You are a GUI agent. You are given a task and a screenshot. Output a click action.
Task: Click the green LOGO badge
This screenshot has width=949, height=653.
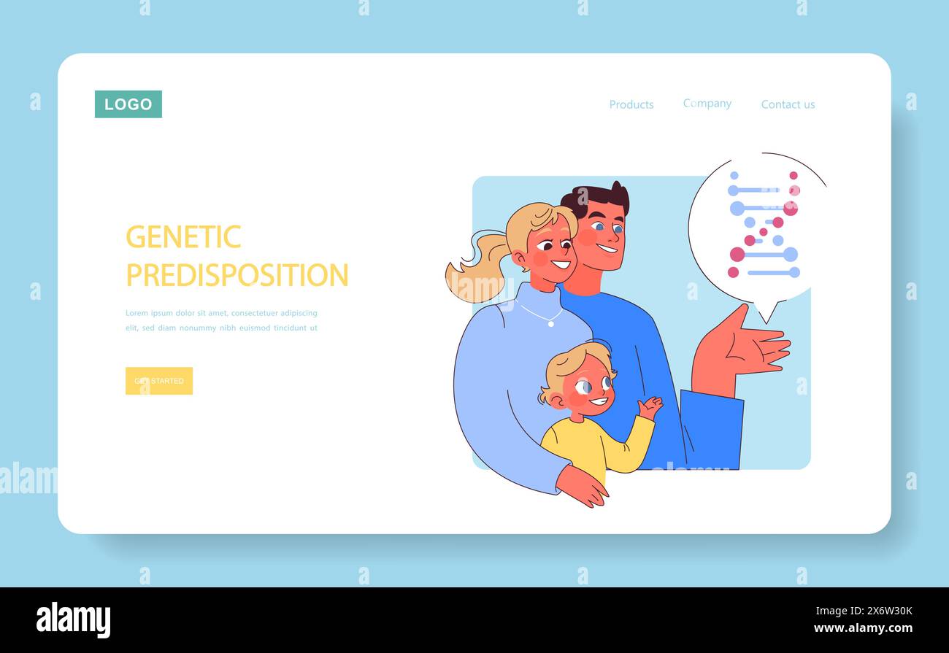[128, 104]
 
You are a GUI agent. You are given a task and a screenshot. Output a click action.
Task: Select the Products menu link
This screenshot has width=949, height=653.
[631, 104]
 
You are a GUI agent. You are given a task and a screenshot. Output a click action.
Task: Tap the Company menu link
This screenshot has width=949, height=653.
[707, 104]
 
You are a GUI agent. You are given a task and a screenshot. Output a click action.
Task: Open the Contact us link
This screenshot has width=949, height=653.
[788, 104]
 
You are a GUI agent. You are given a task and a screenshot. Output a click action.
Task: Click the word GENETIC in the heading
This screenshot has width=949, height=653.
[183, 237]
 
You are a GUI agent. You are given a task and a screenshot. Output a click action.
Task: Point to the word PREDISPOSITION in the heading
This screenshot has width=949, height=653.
[237, 275]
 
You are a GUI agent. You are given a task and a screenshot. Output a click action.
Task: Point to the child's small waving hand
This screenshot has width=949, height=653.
[649, 407]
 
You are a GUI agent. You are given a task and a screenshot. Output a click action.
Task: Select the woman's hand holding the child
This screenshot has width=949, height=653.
[582, 486]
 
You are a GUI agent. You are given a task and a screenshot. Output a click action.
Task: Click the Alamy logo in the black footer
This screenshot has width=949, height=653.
[74, 619]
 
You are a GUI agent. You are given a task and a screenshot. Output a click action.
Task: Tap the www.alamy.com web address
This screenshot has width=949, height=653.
[863, 628]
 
